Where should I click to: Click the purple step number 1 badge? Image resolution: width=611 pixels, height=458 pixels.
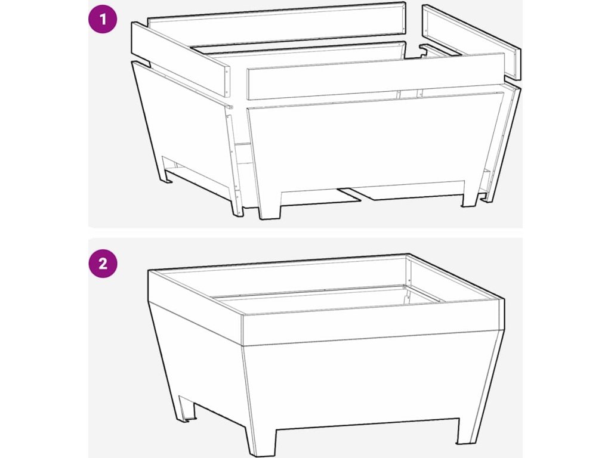pos(103,18)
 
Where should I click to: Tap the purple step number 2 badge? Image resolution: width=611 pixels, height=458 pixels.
pos(103,264)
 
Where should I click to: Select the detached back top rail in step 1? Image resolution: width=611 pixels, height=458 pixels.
pos(277,24)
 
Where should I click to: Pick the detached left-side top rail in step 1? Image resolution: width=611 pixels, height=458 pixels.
pos(180,59)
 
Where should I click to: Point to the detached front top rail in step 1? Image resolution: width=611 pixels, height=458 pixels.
pos(376,76)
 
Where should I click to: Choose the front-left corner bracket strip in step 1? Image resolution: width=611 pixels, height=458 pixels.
pos(235,160)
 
